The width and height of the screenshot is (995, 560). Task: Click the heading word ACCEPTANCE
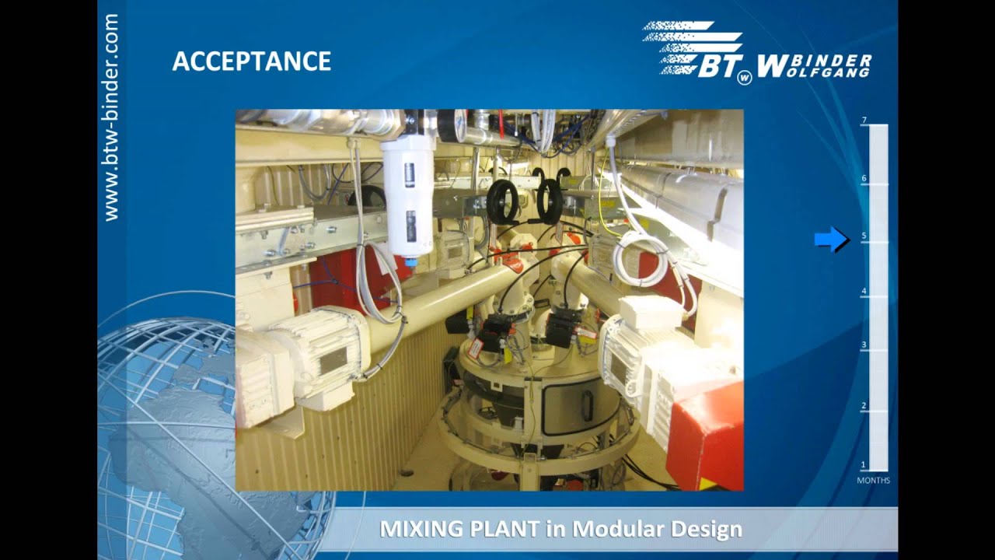(251, 61)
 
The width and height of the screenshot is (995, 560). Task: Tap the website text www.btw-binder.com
(111, 117)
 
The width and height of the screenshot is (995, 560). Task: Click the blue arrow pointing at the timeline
(831, 240)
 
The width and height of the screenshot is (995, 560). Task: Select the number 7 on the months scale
(864, 121)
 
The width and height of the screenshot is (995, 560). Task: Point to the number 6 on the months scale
(864, 179)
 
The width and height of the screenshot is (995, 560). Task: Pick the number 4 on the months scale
(864, 292)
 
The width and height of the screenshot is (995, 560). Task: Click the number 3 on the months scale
(864, 345)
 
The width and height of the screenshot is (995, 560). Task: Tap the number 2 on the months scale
(864, 406)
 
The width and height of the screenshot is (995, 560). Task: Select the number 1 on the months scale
(864, 465)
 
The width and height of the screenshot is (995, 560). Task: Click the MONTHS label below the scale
(873, 481)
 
